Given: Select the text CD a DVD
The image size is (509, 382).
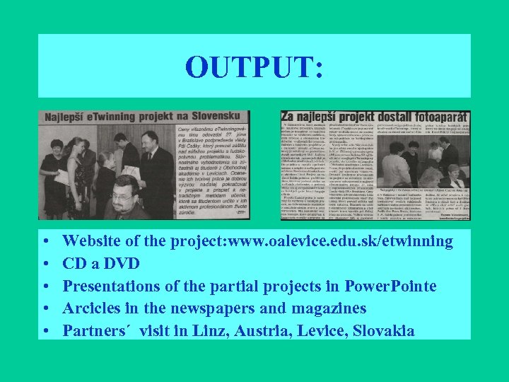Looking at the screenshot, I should tap(101, 264).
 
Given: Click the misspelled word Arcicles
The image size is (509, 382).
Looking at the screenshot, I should tap(92, 308).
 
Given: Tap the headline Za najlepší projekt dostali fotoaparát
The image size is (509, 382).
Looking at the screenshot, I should tap(375, 117).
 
